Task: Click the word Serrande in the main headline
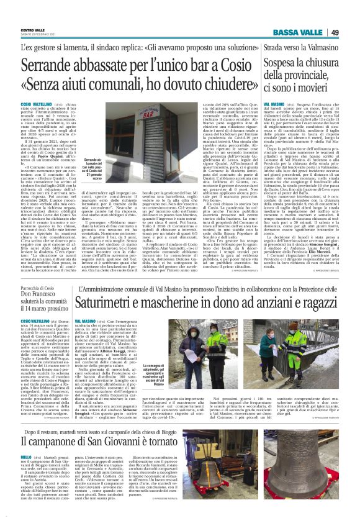47,65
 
